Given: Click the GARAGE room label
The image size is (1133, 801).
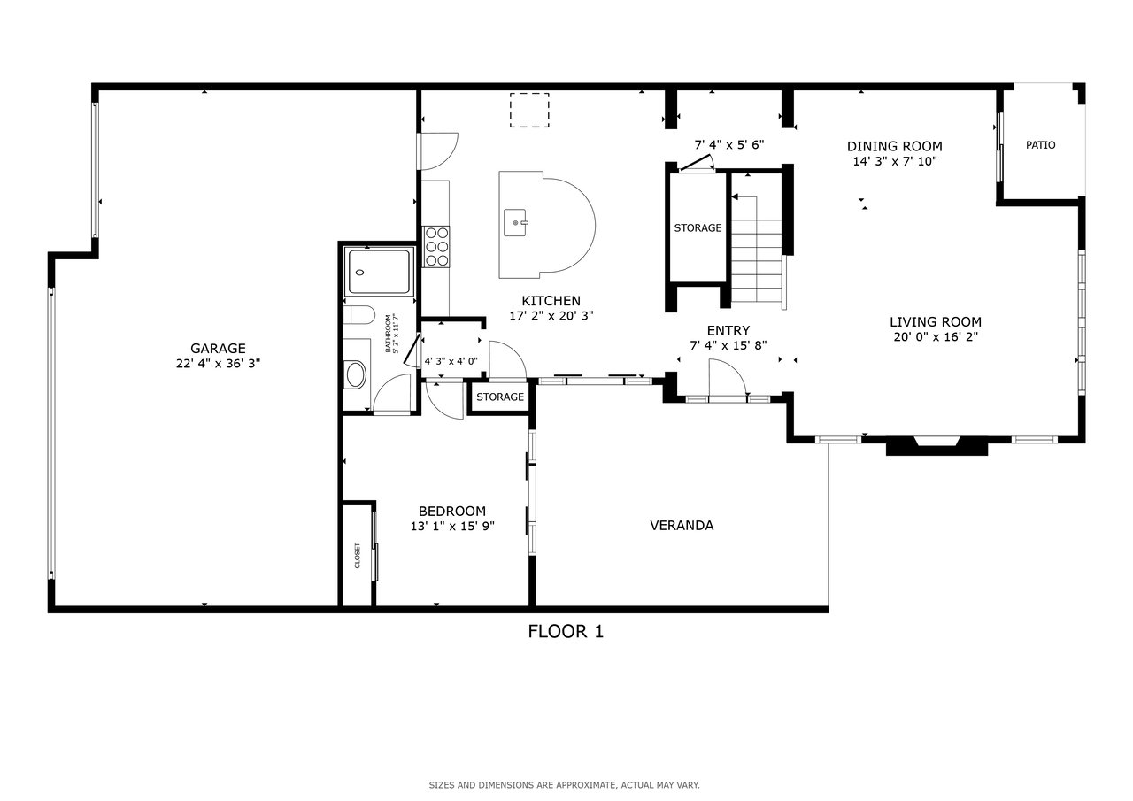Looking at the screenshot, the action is (x=218, y=349).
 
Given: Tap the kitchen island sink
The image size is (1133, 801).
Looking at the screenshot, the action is (x=515, y=222).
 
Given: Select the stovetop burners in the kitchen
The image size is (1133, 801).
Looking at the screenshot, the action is (x=436, y=247).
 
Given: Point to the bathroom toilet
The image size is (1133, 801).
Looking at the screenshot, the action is (x=358, y=314).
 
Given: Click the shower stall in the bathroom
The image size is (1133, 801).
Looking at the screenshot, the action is (x=379, y=272).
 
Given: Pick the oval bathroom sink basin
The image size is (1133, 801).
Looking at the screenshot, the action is (x=355, y=374).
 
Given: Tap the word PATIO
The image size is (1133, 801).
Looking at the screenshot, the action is (x=1040, y=145).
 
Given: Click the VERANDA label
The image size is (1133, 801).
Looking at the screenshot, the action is (x=682, y=526).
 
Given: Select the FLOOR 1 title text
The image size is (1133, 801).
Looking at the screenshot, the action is (x=566, y=632).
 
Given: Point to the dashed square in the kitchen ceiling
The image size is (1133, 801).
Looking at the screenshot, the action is (x=529, y=110).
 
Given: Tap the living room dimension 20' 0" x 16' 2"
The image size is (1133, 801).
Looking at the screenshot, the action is (x=936, y=337).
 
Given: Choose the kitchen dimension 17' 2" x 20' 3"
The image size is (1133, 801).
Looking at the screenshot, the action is (x=551, y=316).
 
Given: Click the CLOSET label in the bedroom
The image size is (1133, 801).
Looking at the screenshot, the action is (x=358, y=555).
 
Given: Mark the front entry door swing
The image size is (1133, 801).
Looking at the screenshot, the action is (x=728, y=377).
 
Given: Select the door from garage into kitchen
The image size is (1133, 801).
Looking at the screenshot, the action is (x=438, y=151).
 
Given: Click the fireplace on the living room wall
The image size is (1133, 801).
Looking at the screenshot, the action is (x=936, y=445).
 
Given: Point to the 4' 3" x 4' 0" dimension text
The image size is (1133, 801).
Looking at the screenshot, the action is (x=451, y=362).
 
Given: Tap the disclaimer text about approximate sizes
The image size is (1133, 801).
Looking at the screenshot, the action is (x=565, y=785).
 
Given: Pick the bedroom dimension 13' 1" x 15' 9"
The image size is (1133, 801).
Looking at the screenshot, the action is (x=452, y=527).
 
